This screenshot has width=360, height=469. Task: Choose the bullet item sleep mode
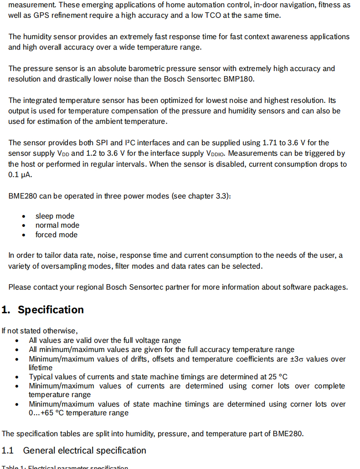click(x=55, y=216)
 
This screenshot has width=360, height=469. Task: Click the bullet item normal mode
click(x=57, y=225)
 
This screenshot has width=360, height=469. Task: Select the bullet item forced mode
click(x=57, y=234)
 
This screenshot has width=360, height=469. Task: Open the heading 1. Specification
click(x=43, y=310)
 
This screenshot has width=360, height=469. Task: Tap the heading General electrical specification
click(x=85, y=450)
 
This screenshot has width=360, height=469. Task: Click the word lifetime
click(x=41, y=367)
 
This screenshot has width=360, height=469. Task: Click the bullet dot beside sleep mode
click(x=24, y=216)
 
